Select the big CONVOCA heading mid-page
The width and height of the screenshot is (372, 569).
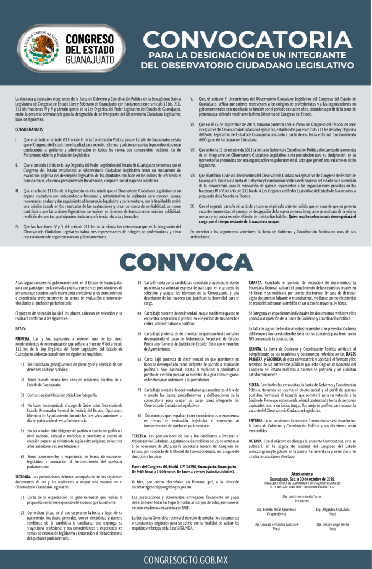tap(186, 262)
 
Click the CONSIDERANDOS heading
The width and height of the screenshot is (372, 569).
tap(28, 129)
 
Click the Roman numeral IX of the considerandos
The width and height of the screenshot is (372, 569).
tap(192, 205)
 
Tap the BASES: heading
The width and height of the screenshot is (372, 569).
tap(21, 328)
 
